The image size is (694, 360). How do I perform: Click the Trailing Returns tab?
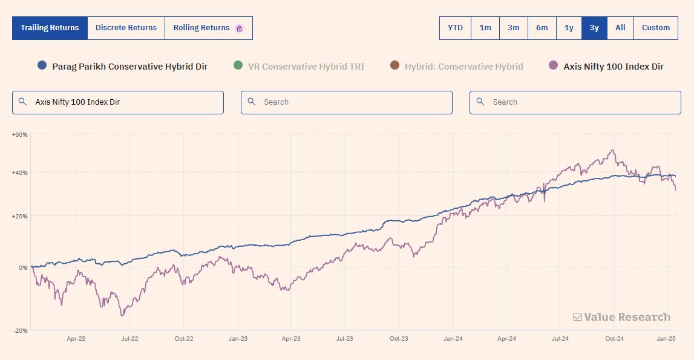[50, 28]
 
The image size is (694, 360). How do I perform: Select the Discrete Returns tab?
[126, 28]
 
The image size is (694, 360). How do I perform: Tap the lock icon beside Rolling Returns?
[239, 28]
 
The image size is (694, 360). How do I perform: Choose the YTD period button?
[455, 28]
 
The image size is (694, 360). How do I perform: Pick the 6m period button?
[542, 28]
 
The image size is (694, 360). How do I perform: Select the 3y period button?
[594, 28]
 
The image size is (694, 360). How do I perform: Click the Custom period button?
[656, 28]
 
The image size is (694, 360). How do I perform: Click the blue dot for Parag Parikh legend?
[42, 66]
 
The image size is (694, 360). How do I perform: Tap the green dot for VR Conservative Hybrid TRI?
[237, 66]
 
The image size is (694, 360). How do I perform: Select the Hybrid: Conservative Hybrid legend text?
[463, 67]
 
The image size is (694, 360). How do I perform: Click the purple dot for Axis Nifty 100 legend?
[553, 66]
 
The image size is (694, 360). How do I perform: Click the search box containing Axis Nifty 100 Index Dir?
[118, 102]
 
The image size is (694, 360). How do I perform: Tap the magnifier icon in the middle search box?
[252, 102]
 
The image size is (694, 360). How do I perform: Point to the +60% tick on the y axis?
[19, 135]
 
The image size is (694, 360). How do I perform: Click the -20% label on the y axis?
[21, 330]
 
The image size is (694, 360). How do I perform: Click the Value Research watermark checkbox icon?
[577, 317]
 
